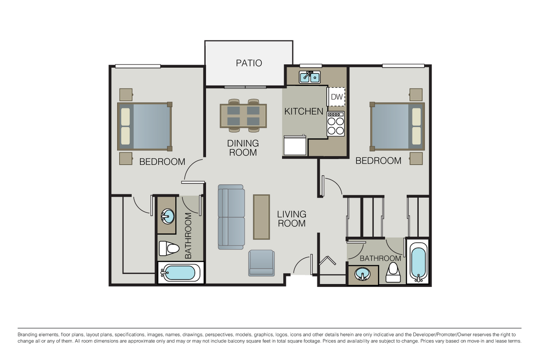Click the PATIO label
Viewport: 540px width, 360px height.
pyautogui.click(x=249, y=63)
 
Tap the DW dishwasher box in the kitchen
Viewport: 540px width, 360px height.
pyautogui.click(x=337, y=97)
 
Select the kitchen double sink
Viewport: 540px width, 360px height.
pyautogui.click(x=310, y=77)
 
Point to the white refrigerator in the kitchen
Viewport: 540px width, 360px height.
pyautogui.click(x=295, y=145)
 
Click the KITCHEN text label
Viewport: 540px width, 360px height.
pyautogui.click(x=304, y=111)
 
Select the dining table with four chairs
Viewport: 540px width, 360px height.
pyautogui.click(x=243, y=115)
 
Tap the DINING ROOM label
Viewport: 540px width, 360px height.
pyautogui.click(x=243, y=148)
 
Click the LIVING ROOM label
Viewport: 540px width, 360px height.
pyautogui.click(x=292, y=219)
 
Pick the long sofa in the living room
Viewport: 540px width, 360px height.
pyautogui.click(x=231, y=217)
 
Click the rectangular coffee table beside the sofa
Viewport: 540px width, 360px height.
pyautogui.click(x=261, y=217)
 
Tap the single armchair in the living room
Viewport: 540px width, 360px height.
pyautogui.click(x=261, y=263)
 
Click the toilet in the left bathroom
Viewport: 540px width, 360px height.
pyautogui.click(x=169, y=248)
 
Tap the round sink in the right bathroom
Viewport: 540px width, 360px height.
pyautogui.click(x=362, y=275)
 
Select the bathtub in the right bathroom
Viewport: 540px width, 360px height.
pyautogui.click(x=418, y=261)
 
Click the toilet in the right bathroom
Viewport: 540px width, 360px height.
pyautogui.click(x=394, y=272)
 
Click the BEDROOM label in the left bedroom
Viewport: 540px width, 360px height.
pyautogui.click(x=162, y=162)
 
